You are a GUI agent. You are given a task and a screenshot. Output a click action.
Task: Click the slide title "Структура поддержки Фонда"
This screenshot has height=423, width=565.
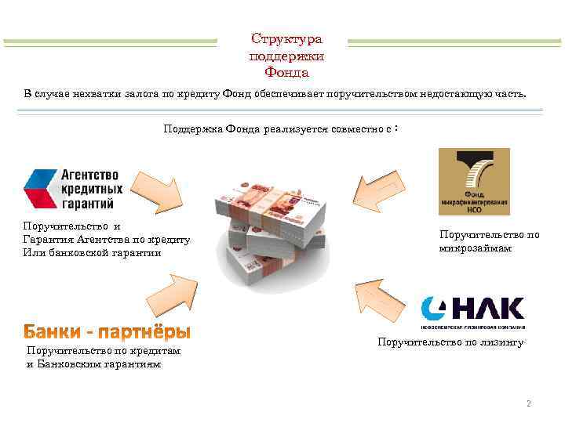(x=286, y=56)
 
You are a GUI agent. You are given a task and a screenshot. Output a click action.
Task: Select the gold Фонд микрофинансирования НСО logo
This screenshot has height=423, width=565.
(x=474, y=182)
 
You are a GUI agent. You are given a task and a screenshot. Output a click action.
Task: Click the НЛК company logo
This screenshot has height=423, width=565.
(x=472, y=311)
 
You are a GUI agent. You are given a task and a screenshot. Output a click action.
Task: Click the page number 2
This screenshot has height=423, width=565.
(x=529, y=404)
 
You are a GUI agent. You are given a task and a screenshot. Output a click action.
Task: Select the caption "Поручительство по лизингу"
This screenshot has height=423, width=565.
(x=450, y=342)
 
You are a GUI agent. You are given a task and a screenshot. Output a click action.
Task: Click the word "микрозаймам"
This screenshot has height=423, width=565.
(x=476, y=248)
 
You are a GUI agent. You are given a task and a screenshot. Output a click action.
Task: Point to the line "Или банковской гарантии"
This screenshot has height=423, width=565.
(x=93, y=253)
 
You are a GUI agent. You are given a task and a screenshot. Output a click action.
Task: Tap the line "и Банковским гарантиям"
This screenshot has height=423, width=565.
(x=94, y=364)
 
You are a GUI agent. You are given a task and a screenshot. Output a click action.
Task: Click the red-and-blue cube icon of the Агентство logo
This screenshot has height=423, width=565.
(x=38, y=189)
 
